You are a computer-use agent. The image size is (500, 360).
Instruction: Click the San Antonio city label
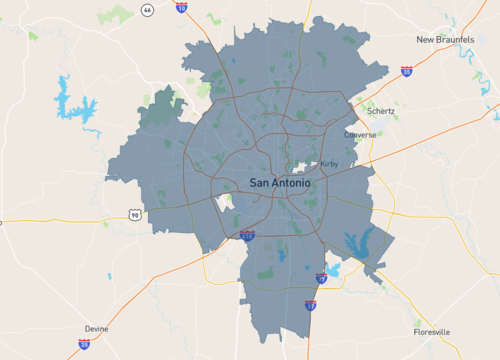coord(280,183)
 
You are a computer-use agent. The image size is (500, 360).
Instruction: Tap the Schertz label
coord(380,111)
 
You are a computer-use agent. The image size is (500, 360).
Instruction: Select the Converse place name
coord(360,135)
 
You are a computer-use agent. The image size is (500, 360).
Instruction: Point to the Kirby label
coord(330,163)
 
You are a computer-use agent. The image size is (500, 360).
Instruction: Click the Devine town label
coord(97,328)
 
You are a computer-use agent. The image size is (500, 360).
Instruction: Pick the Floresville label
coord(432,331)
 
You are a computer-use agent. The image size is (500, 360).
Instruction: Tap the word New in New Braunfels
coord(427,40)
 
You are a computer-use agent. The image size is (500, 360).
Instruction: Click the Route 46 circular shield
coord(147,9)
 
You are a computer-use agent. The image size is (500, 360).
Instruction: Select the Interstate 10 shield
coord(181,6)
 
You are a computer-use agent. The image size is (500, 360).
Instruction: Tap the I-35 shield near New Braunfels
coord(406,72)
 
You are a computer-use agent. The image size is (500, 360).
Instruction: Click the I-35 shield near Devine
coord(84,343)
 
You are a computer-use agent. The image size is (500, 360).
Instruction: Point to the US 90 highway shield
coord(133,214)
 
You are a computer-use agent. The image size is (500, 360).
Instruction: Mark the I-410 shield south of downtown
coord(247,236)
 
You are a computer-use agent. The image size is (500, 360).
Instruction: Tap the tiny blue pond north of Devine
coord(110,276)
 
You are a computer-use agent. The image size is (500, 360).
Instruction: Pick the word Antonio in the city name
coord(292,183)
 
